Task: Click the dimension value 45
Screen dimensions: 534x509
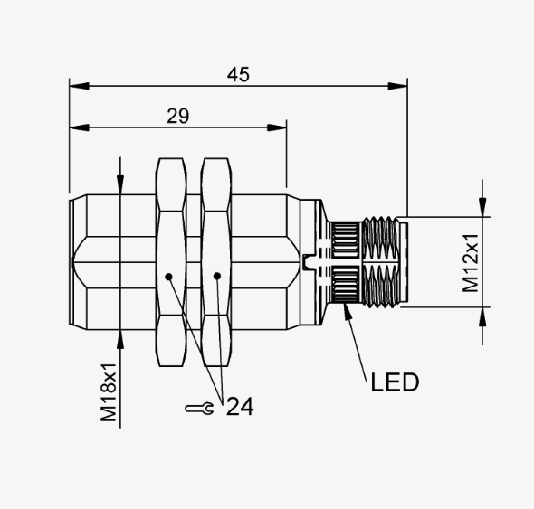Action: click(238, 74)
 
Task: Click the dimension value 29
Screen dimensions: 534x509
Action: click(177, 116)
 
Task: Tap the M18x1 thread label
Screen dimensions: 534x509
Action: click(109, 392)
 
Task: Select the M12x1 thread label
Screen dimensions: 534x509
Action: click(471, 263)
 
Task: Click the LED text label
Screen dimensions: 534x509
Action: click(395, 382)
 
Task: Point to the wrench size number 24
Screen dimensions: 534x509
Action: click(240, 406)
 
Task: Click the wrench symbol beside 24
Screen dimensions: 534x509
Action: click(199, 409)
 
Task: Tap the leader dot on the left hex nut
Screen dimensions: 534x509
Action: click(168, 277)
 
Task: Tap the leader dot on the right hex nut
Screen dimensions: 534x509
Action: click(217, 276)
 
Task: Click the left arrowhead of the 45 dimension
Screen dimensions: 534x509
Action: click(79, 86)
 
